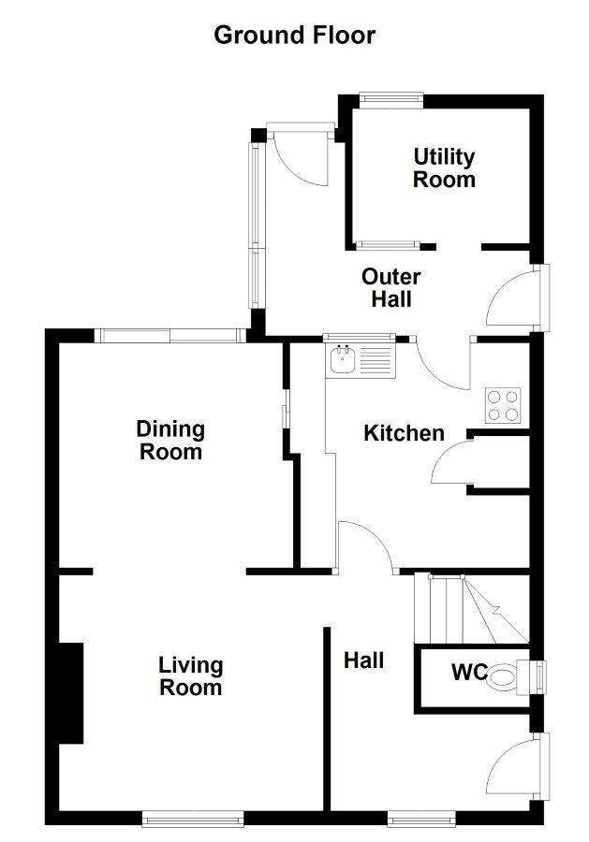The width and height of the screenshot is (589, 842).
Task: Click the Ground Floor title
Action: point(294,36)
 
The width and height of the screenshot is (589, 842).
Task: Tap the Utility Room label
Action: point(445,168)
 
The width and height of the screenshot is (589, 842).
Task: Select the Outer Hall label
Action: point(391,288)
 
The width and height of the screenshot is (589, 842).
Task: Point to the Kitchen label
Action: point(405,433)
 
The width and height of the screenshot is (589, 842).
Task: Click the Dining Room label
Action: point(171,441)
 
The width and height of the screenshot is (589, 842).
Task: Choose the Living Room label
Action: point(191,676)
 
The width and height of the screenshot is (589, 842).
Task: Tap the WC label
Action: point(469,672)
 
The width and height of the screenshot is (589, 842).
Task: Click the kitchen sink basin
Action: point(342,360)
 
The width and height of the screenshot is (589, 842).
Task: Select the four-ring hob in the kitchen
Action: point(503,405)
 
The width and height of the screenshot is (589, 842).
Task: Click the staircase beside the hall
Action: point(471,608)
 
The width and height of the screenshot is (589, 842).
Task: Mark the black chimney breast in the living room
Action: point(70,692)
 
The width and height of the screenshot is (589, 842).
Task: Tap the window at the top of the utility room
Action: point(390,98)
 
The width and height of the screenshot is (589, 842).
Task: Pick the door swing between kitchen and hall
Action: point(369,544)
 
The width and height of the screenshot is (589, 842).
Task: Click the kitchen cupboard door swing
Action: point(452,463)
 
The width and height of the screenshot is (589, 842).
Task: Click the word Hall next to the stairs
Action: point(364,660)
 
